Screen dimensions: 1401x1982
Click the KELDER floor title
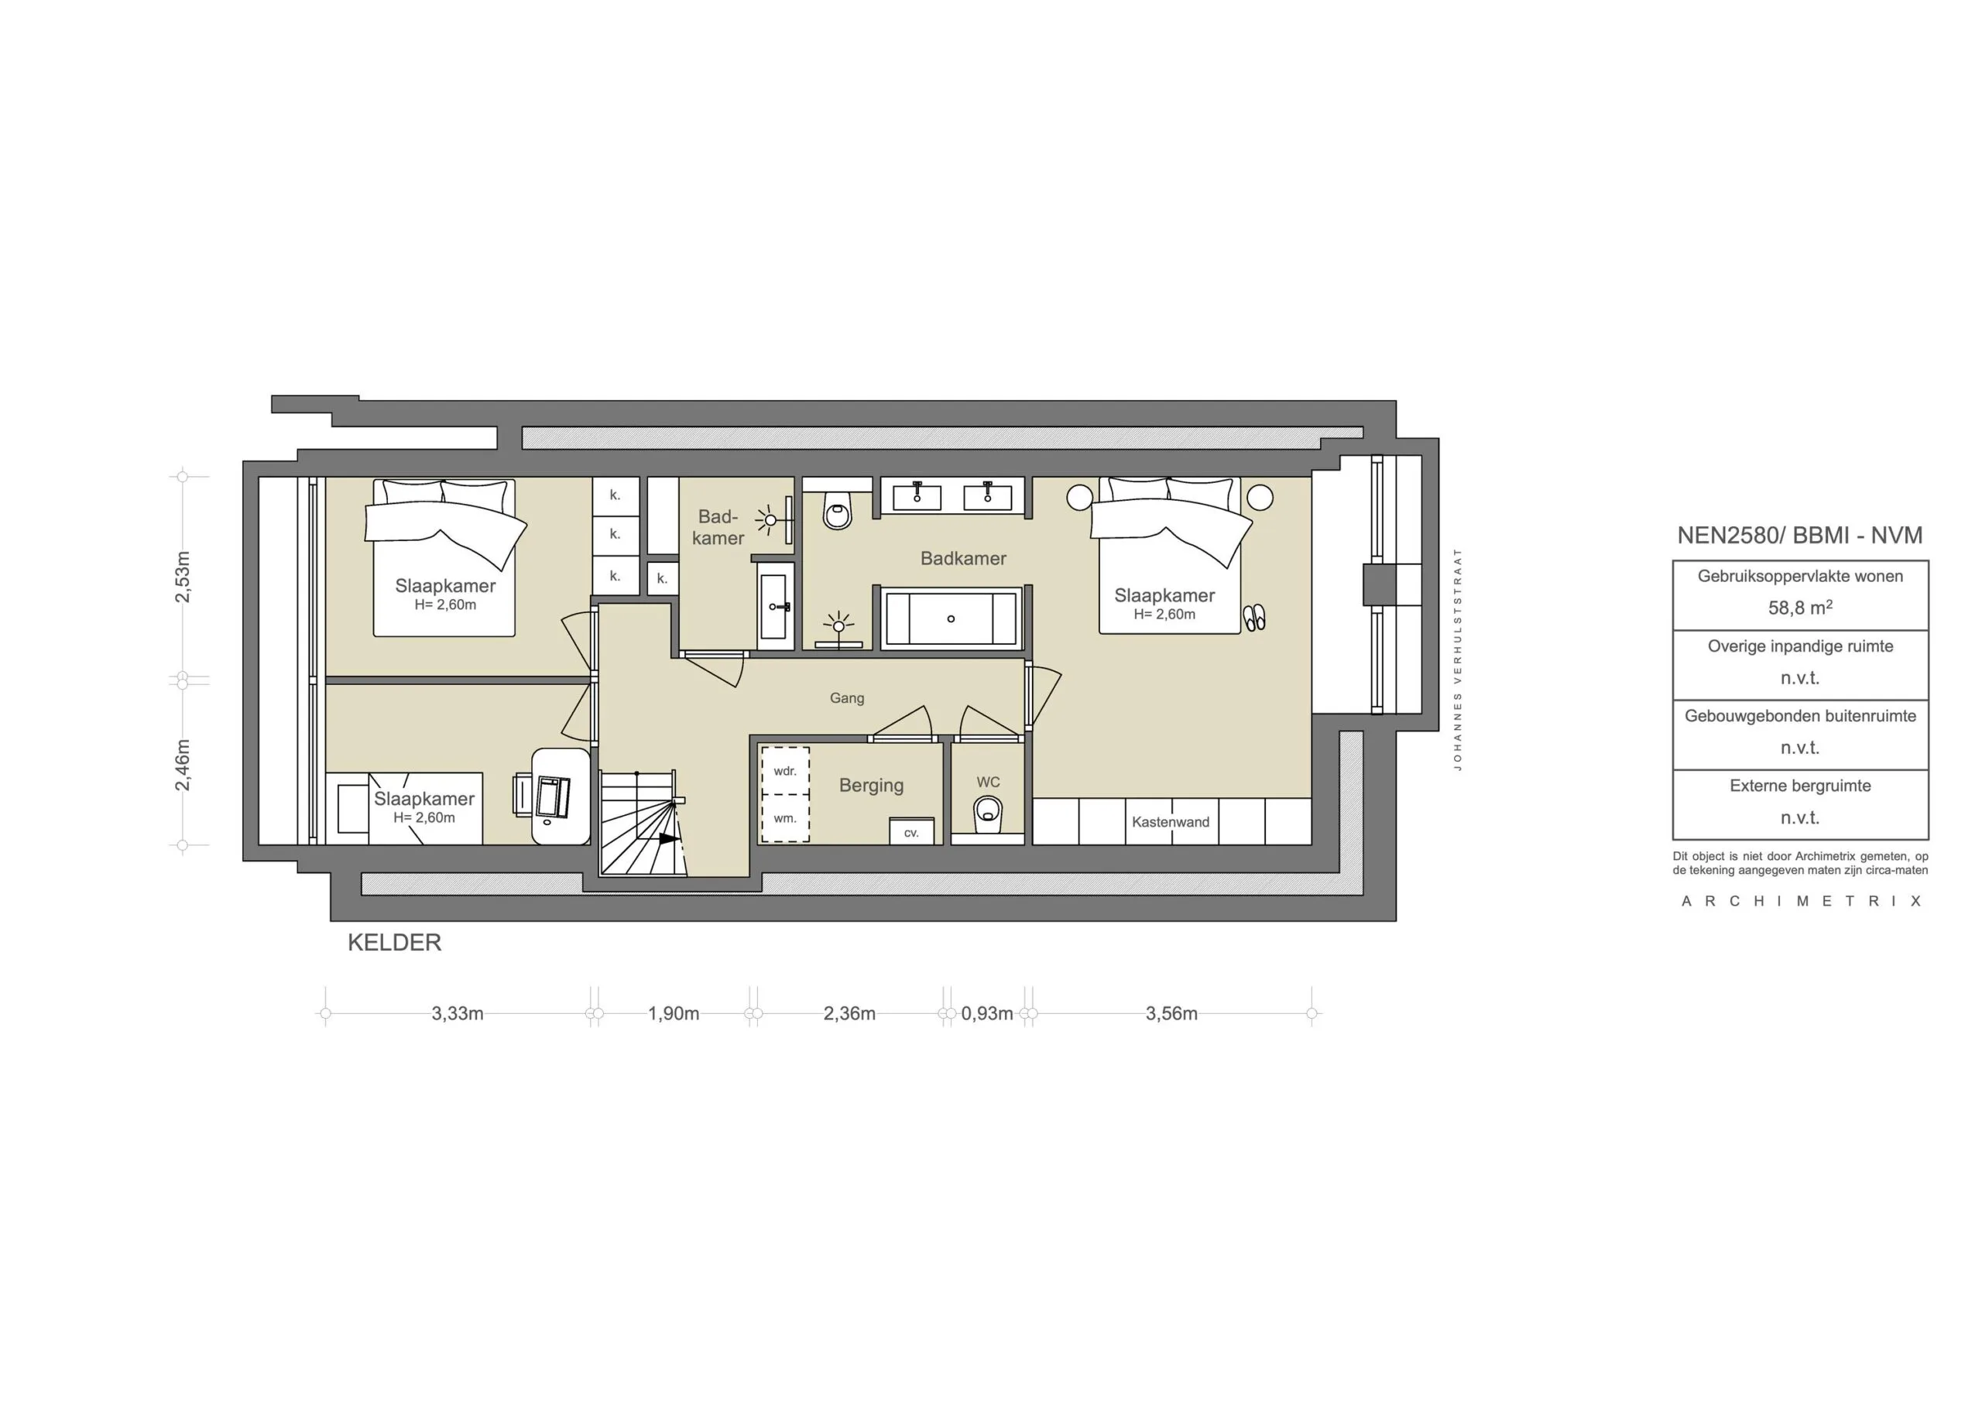coord(395,943)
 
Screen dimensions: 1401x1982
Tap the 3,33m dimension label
coord(457,1013)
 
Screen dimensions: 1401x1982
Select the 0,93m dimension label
coord(986,1013)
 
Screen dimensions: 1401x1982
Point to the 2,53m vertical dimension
coord(183,577)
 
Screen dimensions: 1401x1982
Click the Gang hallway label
coord(846,697)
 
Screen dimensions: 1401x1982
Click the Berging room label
coord(871,786)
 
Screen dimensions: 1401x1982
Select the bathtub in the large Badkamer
coord(951,618)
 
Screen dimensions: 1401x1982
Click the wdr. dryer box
coord(785,771)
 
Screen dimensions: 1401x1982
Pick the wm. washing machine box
coord(785,818)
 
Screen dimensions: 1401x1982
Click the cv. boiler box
coord(911,832)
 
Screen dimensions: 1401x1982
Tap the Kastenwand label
coord(1170,822)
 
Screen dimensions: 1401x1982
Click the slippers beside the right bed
coord(1254,617)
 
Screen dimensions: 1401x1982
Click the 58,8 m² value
coord(1799,608)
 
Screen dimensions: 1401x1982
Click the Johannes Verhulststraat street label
coord(1457,659)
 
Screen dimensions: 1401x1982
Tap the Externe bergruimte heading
coord(1800,786)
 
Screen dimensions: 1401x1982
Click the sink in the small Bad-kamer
coord(773,606)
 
